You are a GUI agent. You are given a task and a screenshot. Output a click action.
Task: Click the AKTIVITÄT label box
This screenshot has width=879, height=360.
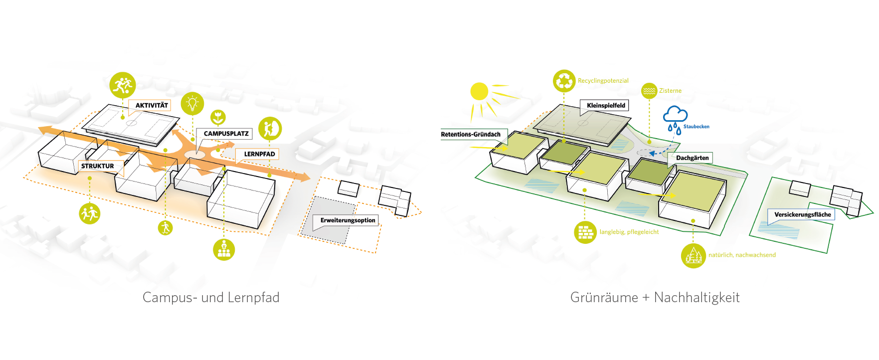click(151, 106)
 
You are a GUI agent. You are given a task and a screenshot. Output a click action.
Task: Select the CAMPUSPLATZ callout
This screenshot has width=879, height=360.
click(225, 134)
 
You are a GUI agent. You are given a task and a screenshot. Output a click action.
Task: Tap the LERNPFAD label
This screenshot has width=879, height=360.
click(259, 154)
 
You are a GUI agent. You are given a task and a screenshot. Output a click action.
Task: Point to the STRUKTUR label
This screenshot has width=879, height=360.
click(98, 166)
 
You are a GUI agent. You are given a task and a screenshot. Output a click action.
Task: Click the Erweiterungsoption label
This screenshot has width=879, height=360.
click(348, 220)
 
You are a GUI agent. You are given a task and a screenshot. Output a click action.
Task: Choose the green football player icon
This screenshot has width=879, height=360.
click(122, 85)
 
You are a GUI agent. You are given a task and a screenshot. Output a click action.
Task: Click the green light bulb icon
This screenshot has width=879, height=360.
click(192, 104)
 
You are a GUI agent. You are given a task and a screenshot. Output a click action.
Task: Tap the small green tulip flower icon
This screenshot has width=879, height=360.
click(218, 118)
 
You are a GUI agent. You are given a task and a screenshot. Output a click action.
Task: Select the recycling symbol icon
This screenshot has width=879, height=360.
click(564, 81)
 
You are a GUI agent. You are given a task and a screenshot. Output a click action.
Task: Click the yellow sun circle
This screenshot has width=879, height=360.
click(479, 91)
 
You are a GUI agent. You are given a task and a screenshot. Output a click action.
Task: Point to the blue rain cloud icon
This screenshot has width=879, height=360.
click(675, 116)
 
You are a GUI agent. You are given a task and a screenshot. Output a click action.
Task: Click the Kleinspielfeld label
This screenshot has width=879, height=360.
click(606, 106)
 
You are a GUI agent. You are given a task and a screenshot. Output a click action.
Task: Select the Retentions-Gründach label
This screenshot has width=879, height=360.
click(471, 135)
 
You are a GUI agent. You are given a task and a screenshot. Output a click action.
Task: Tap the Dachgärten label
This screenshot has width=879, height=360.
click(692, 158)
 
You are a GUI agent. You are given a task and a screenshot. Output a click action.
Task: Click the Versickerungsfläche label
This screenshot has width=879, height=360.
click(802, 215)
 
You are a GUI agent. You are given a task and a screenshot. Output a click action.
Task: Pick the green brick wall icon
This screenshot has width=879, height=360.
click(585, 232)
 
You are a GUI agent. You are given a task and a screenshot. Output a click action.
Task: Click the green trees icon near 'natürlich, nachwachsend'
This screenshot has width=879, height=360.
click(693, 256)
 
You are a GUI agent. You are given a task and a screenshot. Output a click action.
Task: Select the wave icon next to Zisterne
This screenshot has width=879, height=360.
click(649, 91)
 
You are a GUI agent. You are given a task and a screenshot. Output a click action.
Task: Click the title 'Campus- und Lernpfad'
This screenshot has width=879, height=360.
click(211, 298)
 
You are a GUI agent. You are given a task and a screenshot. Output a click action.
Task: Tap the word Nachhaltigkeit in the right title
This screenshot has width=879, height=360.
click(697, 298)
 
